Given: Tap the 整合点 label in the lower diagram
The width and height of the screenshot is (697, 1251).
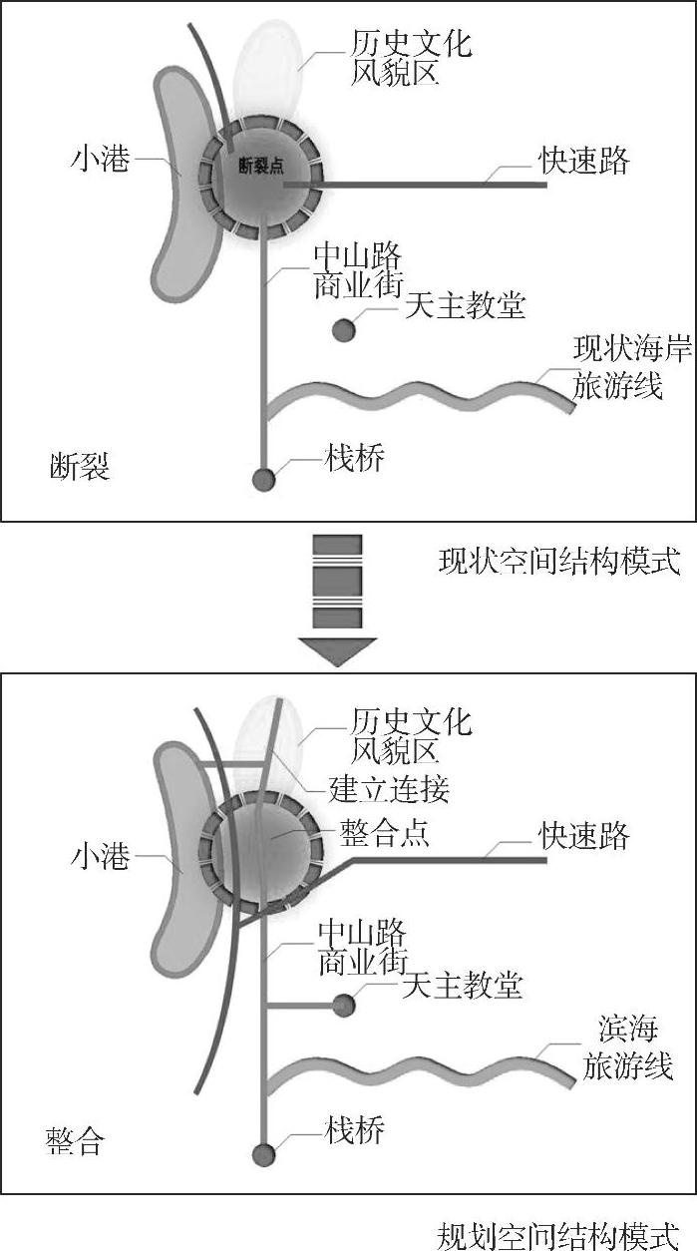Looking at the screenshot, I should click(x=384, y=833).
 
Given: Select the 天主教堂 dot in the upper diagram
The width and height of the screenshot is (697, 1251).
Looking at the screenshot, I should click(x=344, y=329).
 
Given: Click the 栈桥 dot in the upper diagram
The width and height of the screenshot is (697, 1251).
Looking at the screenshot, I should click(x=263, y=480).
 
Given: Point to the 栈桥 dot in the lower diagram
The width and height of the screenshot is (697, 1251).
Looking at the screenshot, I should click(x=263, y=1154).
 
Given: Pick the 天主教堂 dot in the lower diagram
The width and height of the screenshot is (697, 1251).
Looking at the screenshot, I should click(x=344, y=1005).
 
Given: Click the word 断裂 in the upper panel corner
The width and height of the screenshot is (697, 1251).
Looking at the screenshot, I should click(x=79, y=466).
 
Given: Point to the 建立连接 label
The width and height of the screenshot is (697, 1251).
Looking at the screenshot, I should click(x=390, y=789).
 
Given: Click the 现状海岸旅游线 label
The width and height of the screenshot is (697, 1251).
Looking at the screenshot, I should click(x=618, y=366).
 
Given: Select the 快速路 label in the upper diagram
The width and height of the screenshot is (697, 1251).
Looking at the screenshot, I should click(x=585, y=161).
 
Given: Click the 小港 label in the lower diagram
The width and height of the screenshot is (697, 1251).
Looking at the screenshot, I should click(x=100, y=856).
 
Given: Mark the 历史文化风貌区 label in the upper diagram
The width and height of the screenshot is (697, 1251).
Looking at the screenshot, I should click(x=411, y=60).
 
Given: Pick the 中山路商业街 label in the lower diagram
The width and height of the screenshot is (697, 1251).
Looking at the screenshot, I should click(x=362, y=948).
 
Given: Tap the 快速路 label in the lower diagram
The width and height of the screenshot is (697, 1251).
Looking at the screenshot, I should click(x=585, y=834).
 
